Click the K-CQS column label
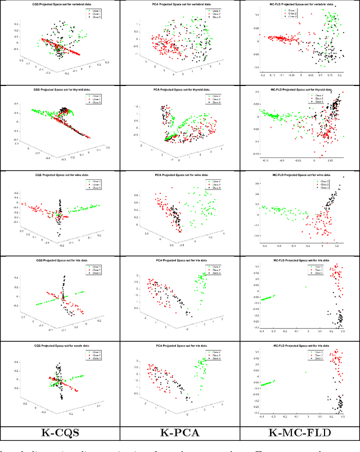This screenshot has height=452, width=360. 60,433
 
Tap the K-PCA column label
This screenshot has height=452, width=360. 179,433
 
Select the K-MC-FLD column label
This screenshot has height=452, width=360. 299,433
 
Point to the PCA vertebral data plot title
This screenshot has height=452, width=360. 179,5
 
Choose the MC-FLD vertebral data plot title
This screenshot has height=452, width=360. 298,5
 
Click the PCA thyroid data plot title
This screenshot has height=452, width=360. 179,90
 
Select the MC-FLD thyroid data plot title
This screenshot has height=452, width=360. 298,90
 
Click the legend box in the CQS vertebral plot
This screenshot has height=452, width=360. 93,15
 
